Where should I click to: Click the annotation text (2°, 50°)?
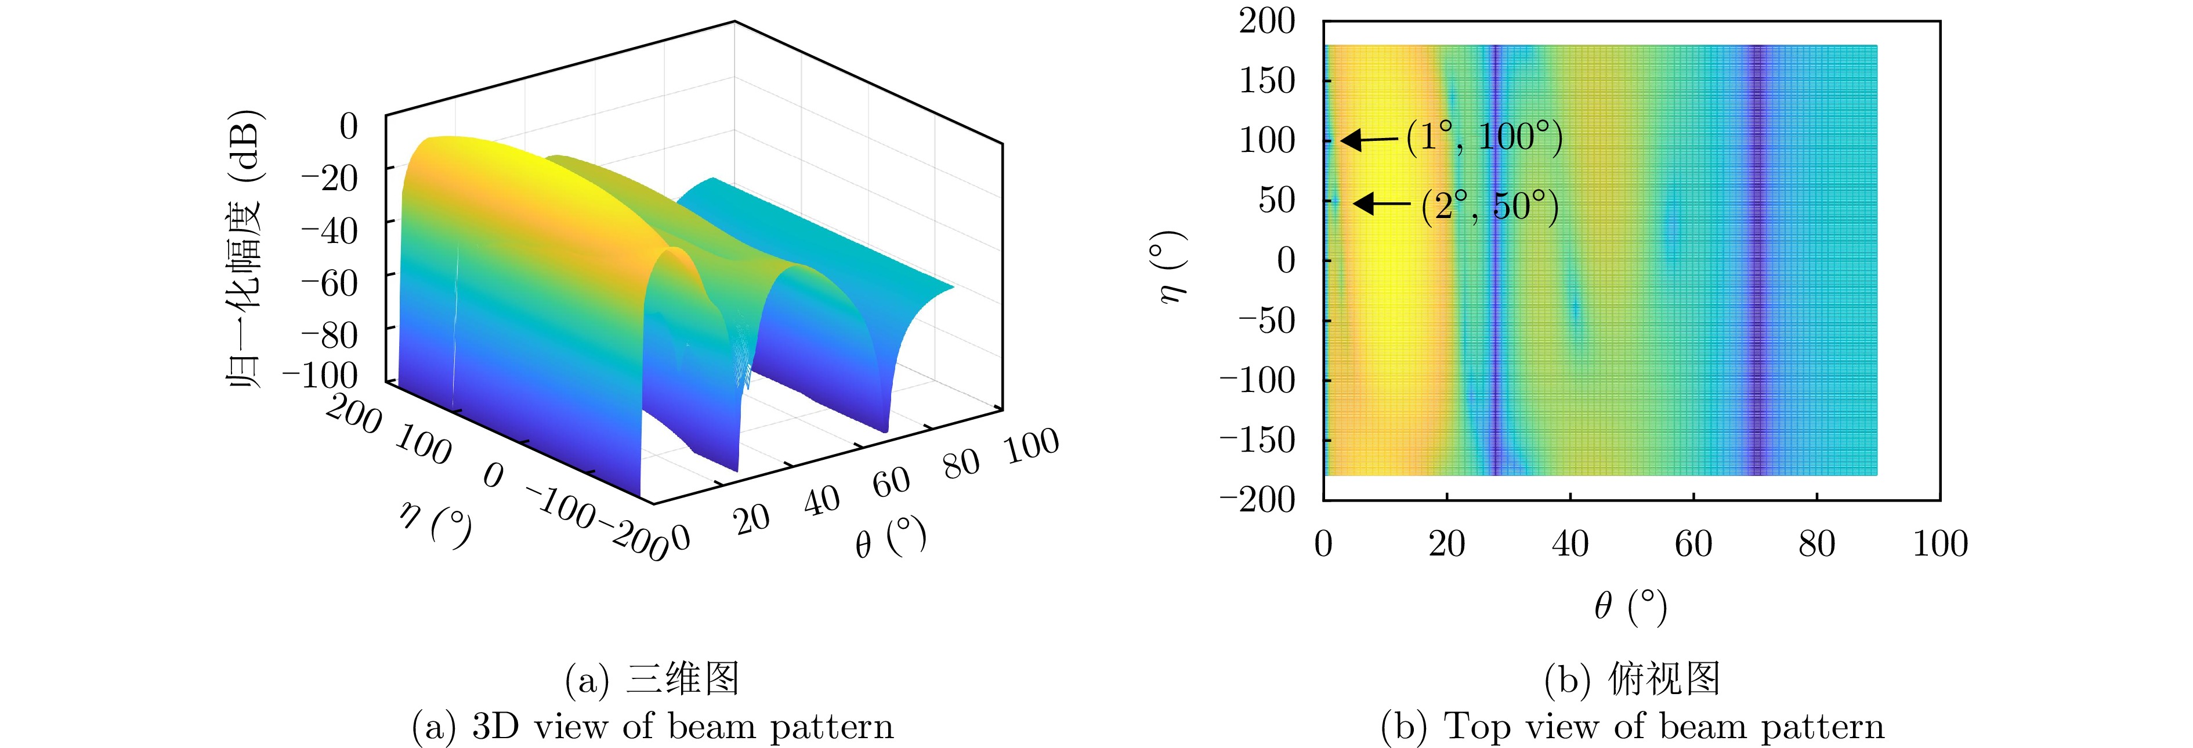pyautogui.click(x=1490, y=206)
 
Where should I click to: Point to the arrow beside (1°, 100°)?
pyautogui.click(x=1368, y=139)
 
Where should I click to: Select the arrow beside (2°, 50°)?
pyautogui.click(x=1381, y=204)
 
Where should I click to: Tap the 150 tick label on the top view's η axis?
pyautogui.click(x=1266, y=81)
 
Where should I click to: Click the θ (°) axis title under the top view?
pyautogui.click(x=1630, y=607)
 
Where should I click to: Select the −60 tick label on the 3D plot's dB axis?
pyautogui.click(x=330, y=282)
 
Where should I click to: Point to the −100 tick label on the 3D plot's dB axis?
pyautogui.click(x=320, y=375)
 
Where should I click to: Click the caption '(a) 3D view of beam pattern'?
pyautogui.click(x=653, y=726)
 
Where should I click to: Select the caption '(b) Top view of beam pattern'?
pyautogui.click(x=1632, y=726)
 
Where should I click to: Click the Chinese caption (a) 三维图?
pyautogui.click(x=652, y=679)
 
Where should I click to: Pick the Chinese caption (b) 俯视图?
pyautogui.click(x=1632, y=679)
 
